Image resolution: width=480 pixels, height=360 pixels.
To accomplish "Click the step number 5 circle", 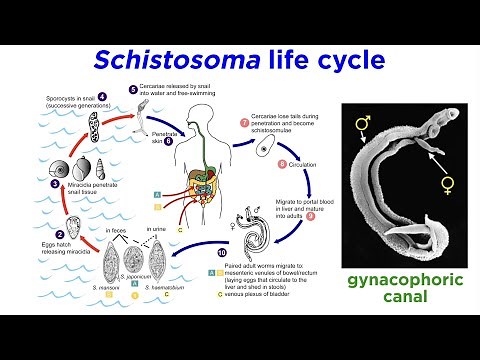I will pyautogui.click(x=133, y=89).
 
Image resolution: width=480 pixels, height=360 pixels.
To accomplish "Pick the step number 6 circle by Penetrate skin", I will pyautogui.click(x=169, y=141).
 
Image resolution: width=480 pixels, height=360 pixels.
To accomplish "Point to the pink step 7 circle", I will pyautogui.click(x=245, y=122).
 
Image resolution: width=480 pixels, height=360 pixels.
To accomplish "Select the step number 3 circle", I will pyautogui.click(x=42, y=184).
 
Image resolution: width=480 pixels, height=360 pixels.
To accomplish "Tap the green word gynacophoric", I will pyautogui.click(x=406, y=280).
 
